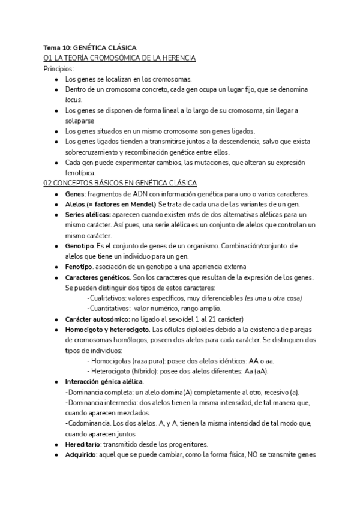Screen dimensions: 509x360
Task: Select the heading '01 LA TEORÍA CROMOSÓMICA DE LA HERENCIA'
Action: pos(120,58)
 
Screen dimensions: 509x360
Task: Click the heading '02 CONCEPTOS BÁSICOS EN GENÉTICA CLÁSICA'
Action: pos(120,183)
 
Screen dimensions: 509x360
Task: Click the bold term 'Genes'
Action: pos(74,194)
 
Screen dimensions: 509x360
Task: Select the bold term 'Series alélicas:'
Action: pos(88,215)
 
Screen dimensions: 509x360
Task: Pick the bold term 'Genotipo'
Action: pos(79,246)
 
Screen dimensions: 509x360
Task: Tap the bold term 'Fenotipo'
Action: pos(79,267)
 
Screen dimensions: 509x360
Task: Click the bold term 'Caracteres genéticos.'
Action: pos(98,277)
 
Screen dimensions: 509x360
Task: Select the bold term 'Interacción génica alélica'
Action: pos(104,381)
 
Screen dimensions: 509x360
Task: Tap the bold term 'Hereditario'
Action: pos(83,444)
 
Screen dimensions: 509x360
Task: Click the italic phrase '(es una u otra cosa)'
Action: pos(273,298)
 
